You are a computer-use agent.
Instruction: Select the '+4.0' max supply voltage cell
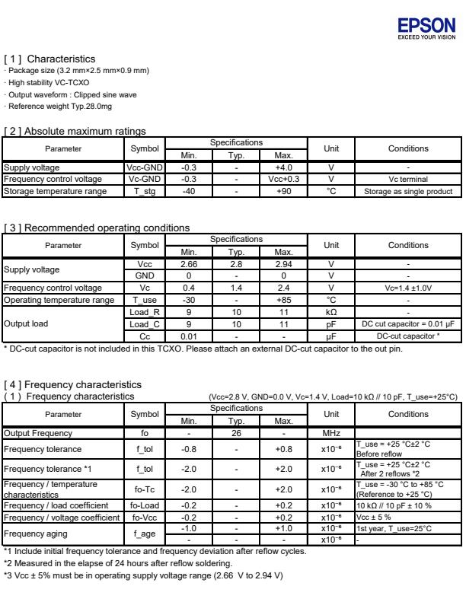coord(283,167)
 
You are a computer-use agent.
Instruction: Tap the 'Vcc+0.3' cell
coord(283,179)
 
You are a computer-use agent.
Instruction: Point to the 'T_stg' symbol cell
coord(144,191)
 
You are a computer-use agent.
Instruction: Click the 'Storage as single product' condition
coord(408,191)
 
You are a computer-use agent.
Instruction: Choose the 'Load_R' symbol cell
coord(144,312)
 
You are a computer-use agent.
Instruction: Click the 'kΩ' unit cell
coord(331,312)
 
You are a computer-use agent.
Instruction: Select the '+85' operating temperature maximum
coord(283,300)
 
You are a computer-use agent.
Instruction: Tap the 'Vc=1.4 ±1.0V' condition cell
coord(408,288)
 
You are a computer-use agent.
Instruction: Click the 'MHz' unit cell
coord(331,433)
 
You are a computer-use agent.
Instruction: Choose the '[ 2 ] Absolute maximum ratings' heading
coord(75,132)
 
